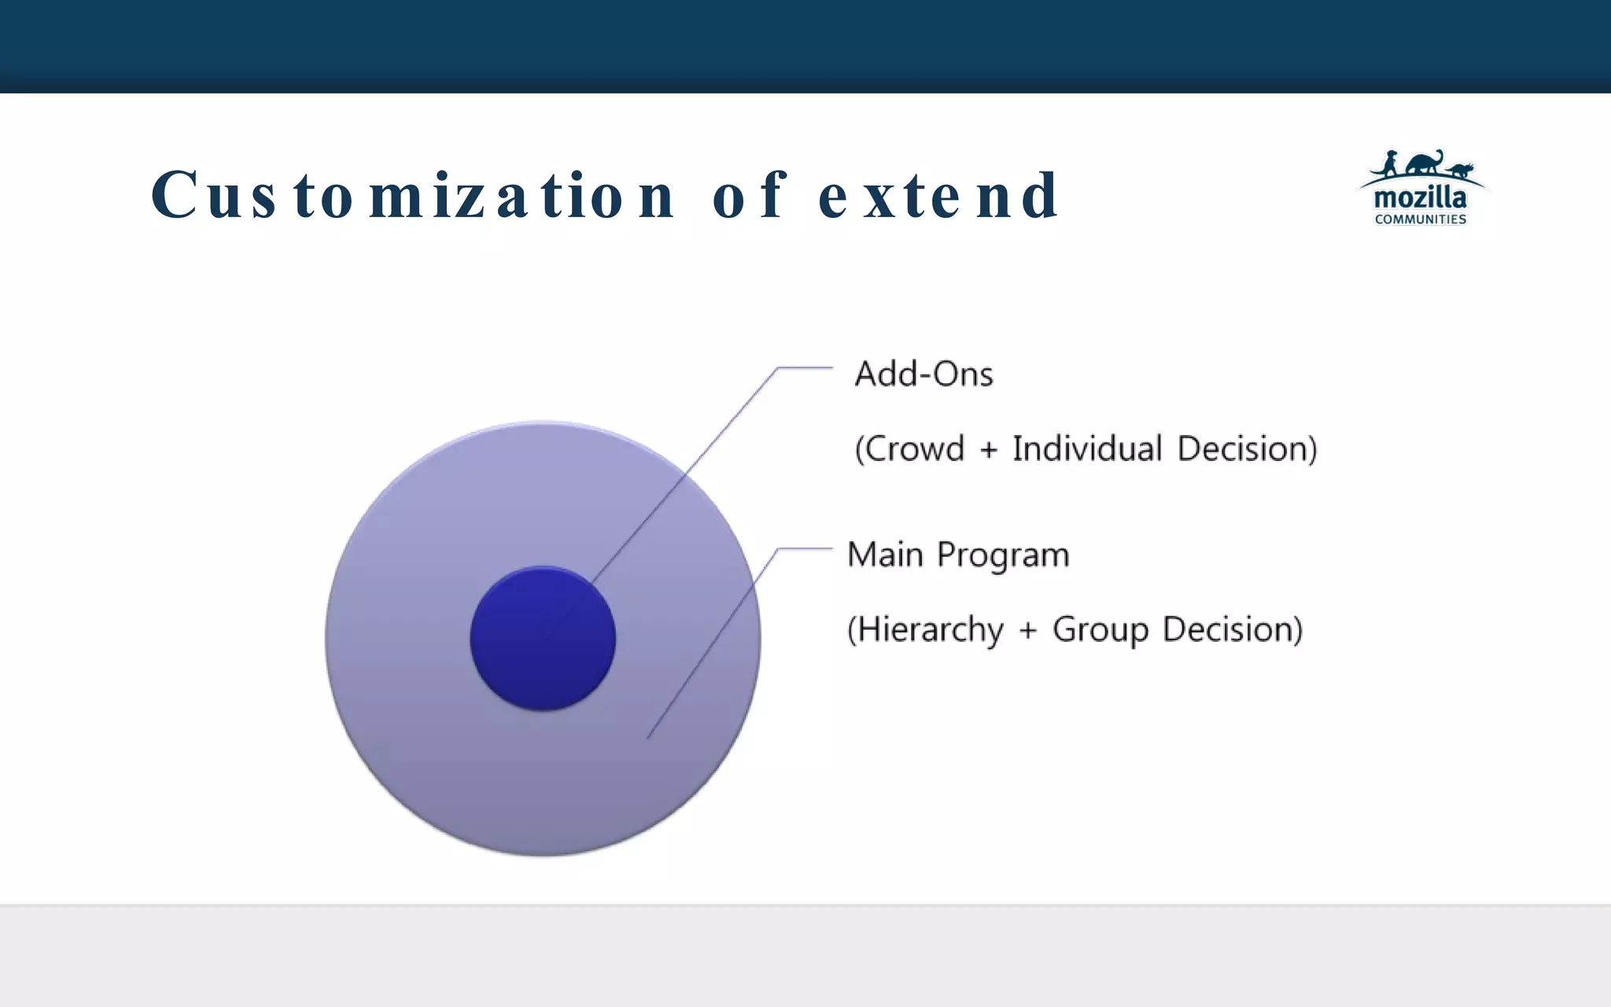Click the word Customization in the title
[x=413, y=195]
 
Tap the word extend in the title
[x=939, y=195]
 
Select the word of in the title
[x=749, y=195]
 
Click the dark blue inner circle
[x=543, y=639]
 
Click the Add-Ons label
[x=923, y=374]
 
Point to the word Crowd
[x=914, y=449]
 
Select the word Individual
[x=1087, y=448]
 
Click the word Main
[x=885, y=555]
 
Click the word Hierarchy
[x=929, y=630]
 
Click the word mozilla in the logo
[x=1420, y=197]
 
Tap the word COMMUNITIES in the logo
[x=1420, y=219]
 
